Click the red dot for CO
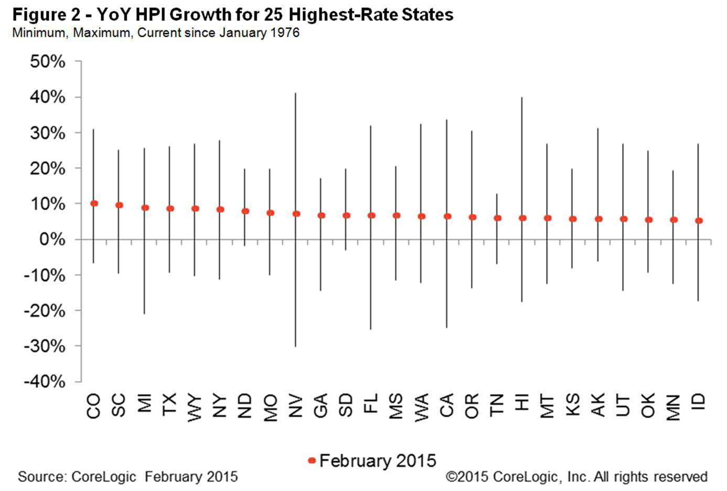coord(94,203)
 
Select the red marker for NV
coord(296,214)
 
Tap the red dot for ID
coord(699,221)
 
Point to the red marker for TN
coord(497,218)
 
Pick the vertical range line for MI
coord(144,262)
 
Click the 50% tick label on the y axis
coord(48,62)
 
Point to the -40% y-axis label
coord(45,381)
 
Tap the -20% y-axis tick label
coord(45,311)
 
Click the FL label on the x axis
coord(371,405)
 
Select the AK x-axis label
coord(597,405)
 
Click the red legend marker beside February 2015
coord(312,461)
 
